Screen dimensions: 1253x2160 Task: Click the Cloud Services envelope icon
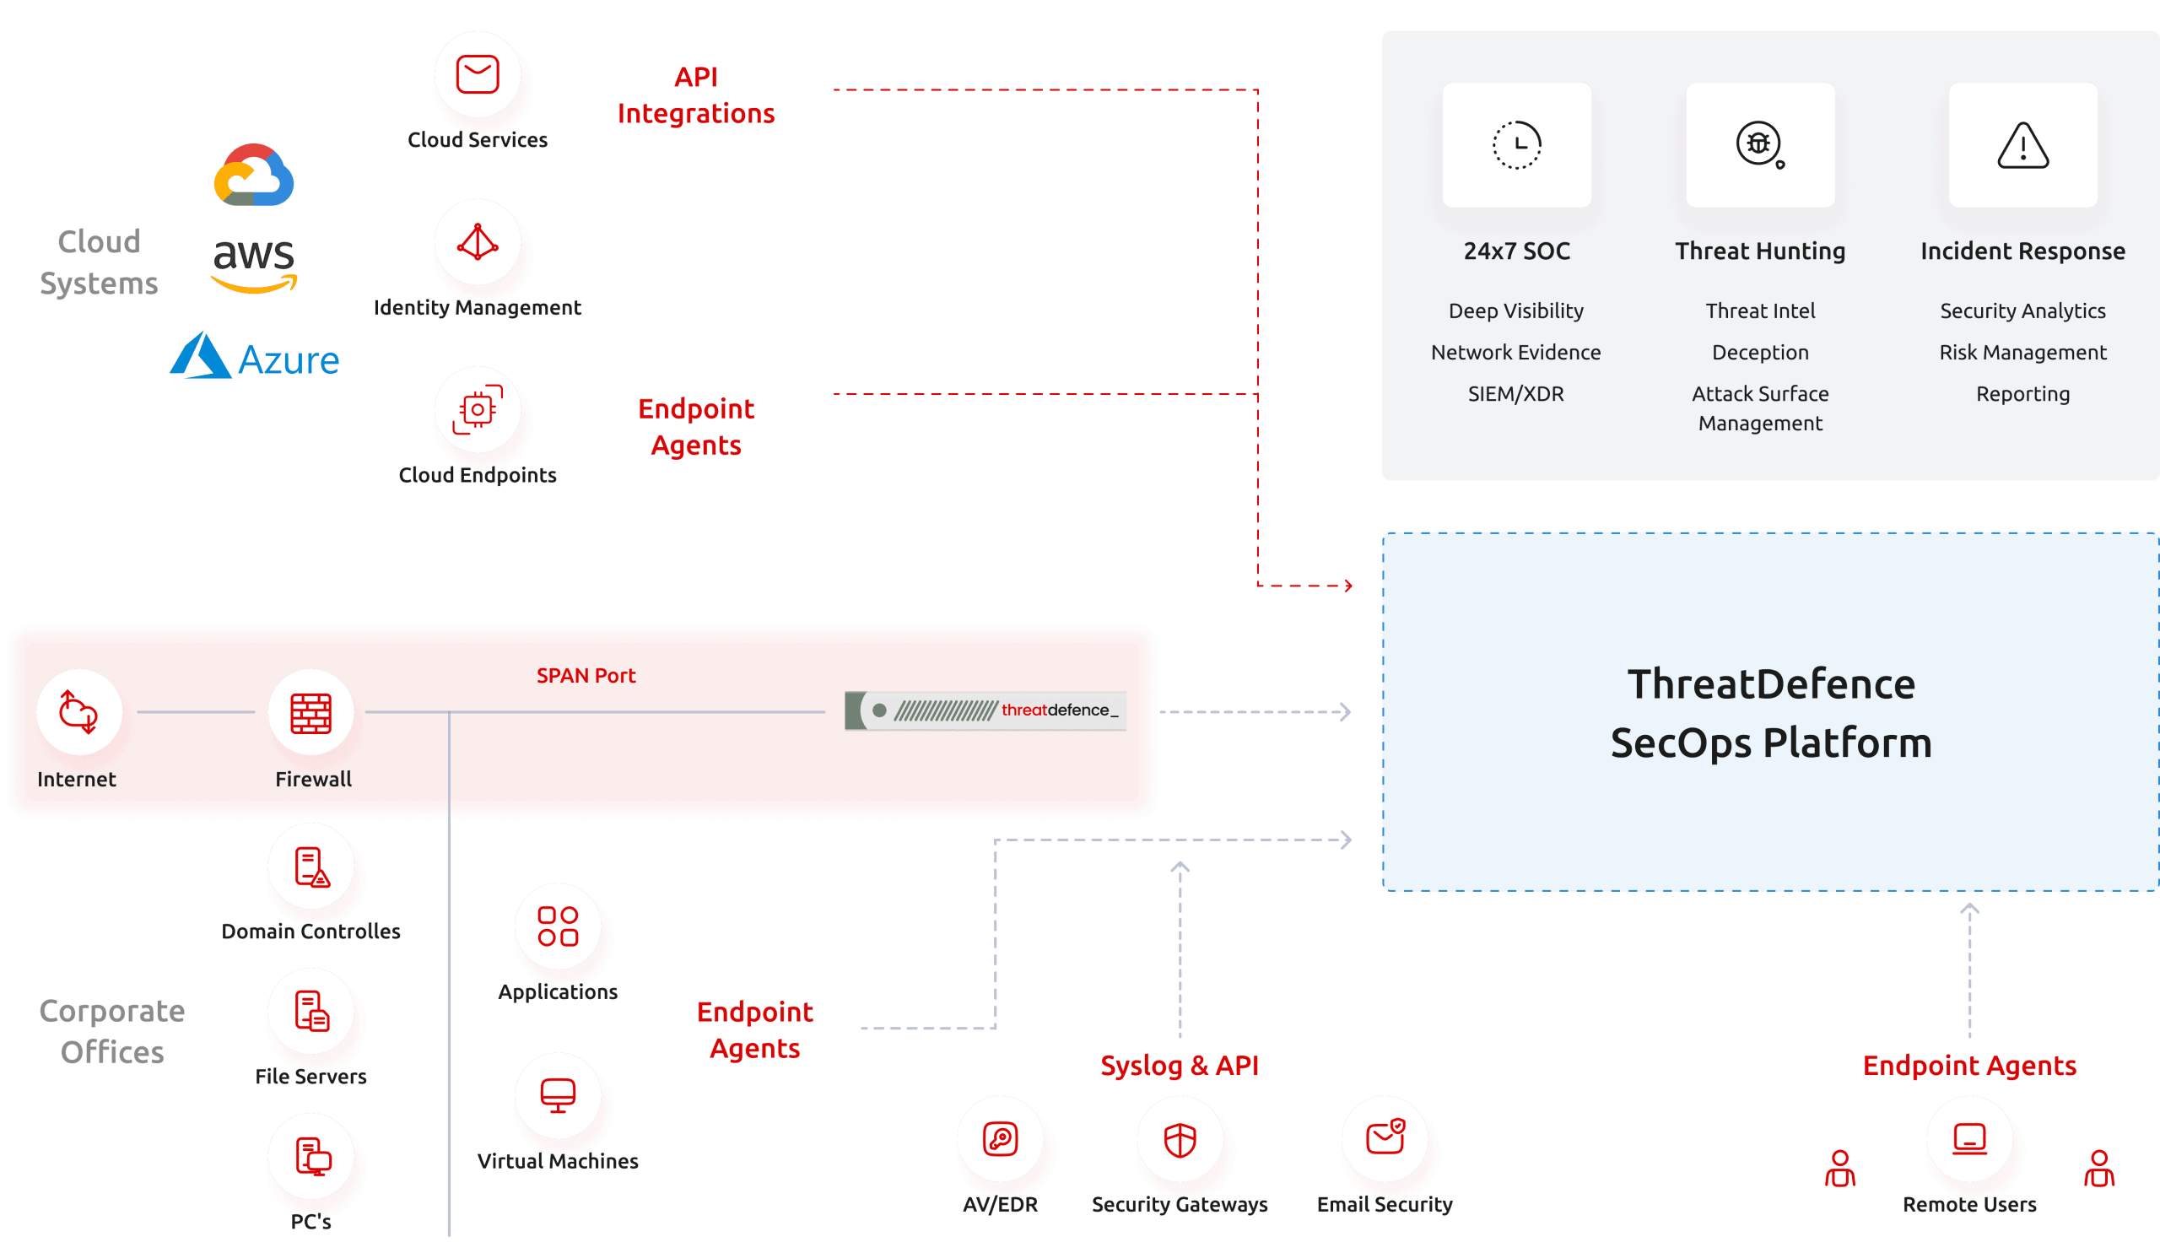[x=478, y=74]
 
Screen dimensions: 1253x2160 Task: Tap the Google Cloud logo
[x=254, y=176]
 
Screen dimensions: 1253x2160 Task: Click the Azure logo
[x=255, y=357]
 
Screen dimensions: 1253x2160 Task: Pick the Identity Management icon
[x=478, y=242]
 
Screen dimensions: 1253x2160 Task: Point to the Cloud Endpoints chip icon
[x=478, y=410]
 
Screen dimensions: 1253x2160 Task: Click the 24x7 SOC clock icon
[x=1516, y=145]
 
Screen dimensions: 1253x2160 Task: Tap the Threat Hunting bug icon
[x=1760, y=145]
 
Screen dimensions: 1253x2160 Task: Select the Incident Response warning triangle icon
[x=2022, y=145]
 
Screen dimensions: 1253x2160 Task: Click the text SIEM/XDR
[x=1515, y=394]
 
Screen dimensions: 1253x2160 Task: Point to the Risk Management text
[x=2022, y=352]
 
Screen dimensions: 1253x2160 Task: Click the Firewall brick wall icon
[x=311, y=712]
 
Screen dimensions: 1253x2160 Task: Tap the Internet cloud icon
[x=78, y=712]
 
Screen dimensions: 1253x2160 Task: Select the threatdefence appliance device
[x=985, y=710]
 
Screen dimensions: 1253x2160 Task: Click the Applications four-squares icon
[x=558, y=926]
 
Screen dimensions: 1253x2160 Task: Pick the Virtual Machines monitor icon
[x=558, y=1095]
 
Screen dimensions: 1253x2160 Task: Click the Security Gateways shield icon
[x=1180, y=1140]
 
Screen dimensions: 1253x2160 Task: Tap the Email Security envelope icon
[x=1385, y=1138]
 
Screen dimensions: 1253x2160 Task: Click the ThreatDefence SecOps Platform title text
[x=1771, y=713]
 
